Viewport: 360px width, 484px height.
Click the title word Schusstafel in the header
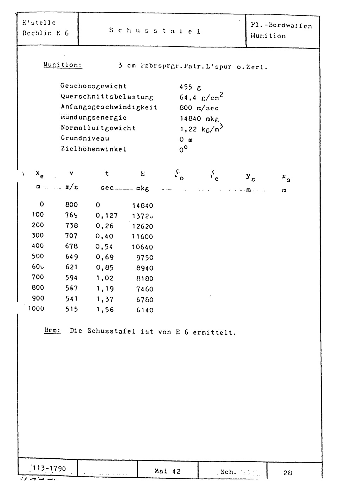[x=155, y=31]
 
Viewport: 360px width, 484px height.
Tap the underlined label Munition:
[x=63, y=65]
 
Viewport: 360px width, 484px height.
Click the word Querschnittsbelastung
[x=107, y=97]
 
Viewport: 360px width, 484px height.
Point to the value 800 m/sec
[x=199, y=108]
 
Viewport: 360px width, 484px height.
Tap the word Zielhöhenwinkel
[x=94, y=149]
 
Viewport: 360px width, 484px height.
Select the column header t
[x=107, y=174]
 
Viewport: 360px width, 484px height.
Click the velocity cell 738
[x=71, y=225]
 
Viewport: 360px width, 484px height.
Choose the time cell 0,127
[x=107, y=215]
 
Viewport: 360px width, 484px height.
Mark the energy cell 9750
[x=145, y=258]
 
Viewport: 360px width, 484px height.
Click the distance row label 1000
[x=37, y=309]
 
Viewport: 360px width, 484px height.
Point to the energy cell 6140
[x=145, y=310]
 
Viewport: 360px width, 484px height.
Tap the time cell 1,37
[x=105, y=299]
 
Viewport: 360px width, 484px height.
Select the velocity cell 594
[x=71, y=278]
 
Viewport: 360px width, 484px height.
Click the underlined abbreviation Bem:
[x=53, y=331]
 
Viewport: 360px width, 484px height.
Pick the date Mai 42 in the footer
[x=167, y=471]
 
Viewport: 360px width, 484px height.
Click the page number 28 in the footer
[x=288, y=473]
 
